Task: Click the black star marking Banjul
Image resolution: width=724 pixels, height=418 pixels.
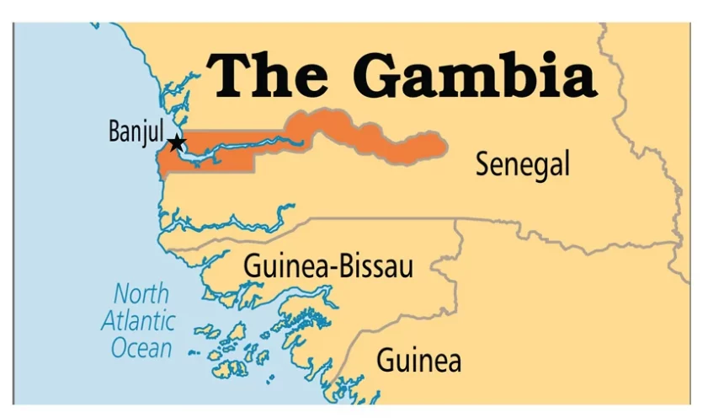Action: pos(177,143)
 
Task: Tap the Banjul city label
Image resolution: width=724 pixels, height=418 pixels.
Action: pos(136,132)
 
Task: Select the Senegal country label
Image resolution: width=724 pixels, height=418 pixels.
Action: pos(522,163)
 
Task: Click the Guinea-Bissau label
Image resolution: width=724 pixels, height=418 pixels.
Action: pos(328,267)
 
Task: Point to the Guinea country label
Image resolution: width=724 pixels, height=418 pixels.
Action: pos(418,361)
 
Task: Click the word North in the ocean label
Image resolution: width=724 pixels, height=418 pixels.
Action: pos(141,295)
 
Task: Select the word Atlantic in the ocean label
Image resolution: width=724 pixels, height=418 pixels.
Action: pos(139,321)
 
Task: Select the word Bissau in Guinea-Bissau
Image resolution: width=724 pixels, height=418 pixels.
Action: pos(378,267)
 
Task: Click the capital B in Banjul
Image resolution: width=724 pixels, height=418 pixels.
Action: pos(114,132)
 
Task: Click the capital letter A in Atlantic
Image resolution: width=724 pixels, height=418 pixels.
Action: pos(109,321)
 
